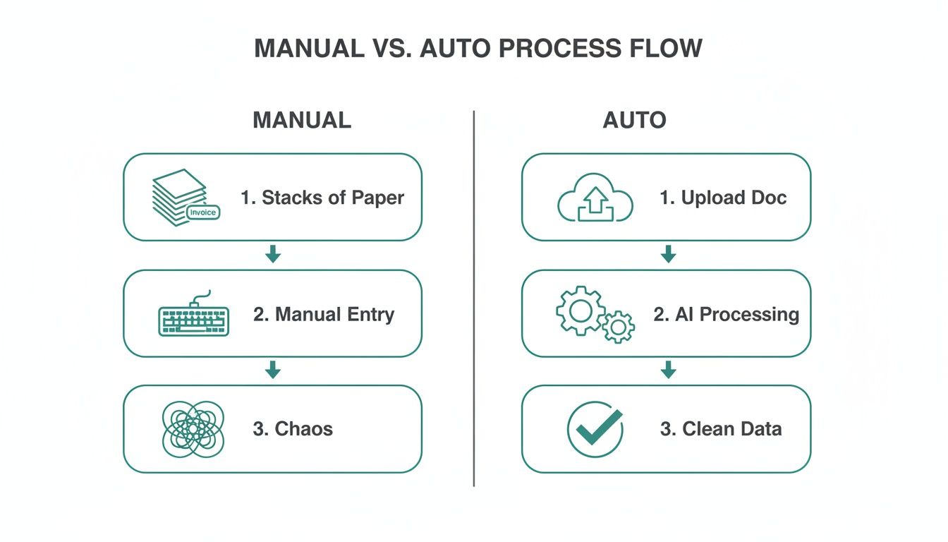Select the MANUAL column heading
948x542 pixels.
coord(302,120)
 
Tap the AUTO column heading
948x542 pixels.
coord(634,120)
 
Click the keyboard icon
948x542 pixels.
coord(193,316)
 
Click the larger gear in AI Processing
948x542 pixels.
coord(580,309)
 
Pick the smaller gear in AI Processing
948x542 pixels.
coord(618,327)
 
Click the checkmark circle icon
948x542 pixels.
coord(595,429)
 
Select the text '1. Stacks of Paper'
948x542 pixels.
coord(322,198)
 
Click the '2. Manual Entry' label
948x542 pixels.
coord(323,314)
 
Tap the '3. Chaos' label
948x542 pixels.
coord(293,428)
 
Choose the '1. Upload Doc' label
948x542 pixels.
coord(722,198)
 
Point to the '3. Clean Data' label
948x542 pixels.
coord(720,428)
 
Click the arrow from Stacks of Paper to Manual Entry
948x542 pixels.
coord(273,255)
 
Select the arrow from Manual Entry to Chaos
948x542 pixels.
coord(273,371)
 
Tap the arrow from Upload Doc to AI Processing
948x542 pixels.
coord(667,255)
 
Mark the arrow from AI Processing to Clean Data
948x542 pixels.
coord(667,371)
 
